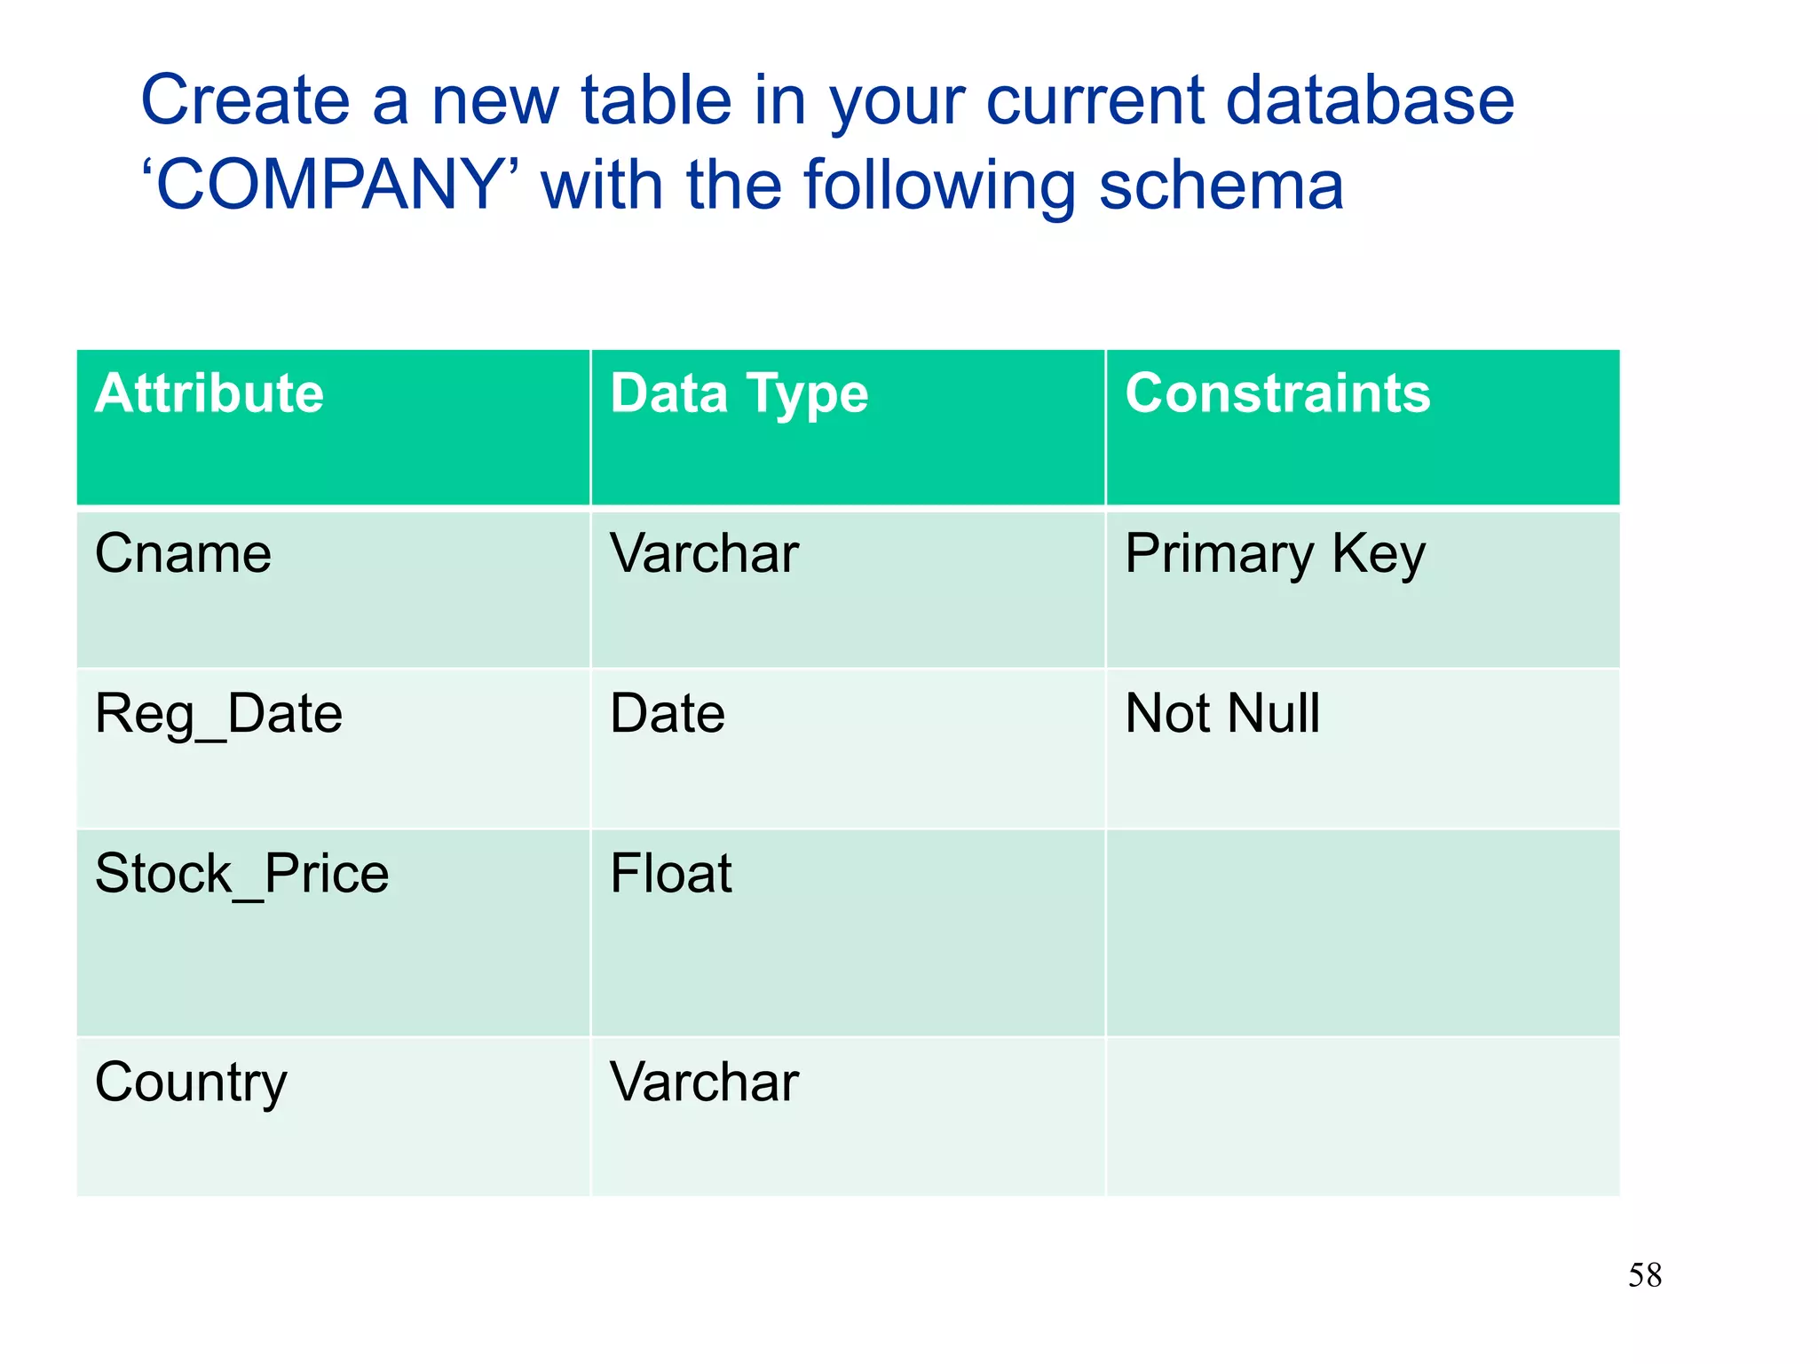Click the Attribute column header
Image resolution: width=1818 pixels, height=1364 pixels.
[209, 393]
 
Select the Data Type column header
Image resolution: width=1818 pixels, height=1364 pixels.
[739, 393]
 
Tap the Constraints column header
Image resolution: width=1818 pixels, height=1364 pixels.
[1277, 393]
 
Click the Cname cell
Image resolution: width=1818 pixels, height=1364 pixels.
[183, 554]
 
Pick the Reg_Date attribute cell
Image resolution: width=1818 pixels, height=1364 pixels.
[218, 714]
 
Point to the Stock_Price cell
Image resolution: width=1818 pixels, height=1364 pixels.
[241, 874]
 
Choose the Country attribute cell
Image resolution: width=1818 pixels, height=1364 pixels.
[191, 1082]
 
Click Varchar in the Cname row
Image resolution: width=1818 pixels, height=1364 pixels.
[704, 554]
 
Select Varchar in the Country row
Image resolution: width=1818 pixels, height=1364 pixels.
[704, 1082]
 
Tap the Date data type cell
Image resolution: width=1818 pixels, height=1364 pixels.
[668, 714]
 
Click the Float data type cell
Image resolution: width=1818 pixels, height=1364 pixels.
[671, 874]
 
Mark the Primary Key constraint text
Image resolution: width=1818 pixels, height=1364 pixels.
[1275, 554]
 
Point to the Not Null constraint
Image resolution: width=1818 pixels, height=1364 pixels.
[1222, 714]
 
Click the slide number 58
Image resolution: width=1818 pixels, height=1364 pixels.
[1644, 1275]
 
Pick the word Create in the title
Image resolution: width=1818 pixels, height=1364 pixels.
[245, 100]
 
